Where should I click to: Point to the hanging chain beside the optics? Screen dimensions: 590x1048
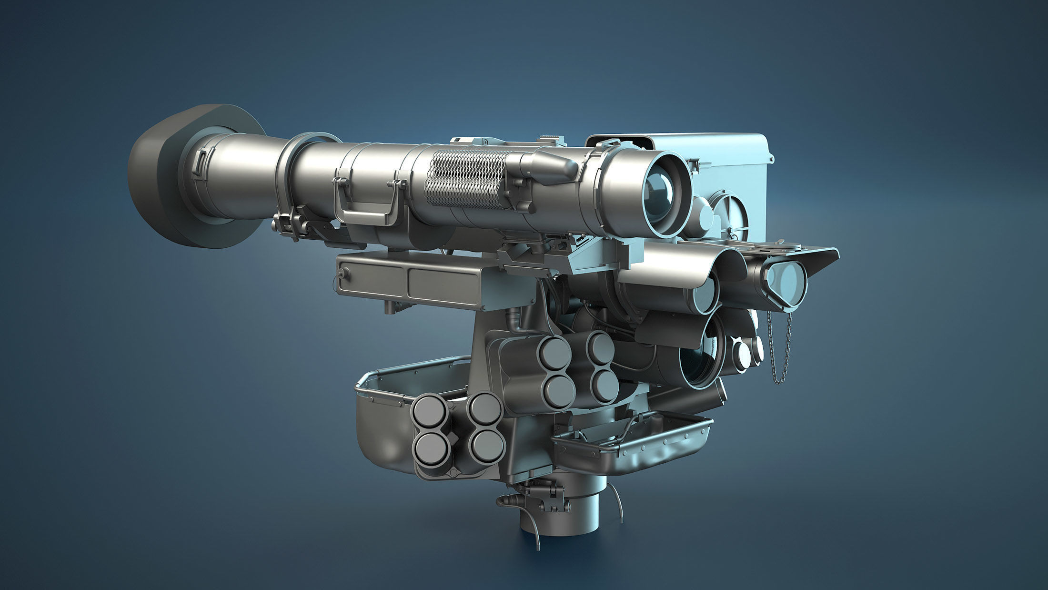(781, 348)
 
